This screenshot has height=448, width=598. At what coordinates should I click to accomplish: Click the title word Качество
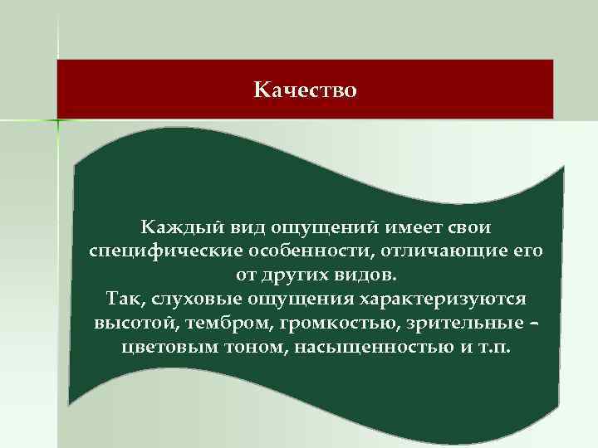coord(305,89)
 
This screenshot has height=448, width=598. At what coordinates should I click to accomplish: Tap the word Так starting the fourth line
coord(120,298)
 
